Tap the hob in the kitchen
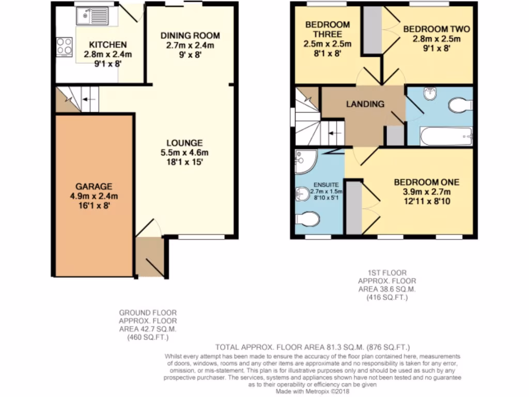[x=65, y=47]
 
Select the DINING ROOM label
[x=190, y=36]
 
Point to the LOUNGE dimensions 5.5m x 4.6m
[x=184, y=152]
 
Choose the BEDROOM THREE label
[x=327, y=29]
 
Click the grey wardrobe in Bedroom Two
[x=371, y=30]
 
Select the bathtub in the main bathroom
[x=446, y=136]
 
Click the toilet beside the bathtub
[x=460, y=105]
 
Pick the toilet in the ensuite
[x=307, y=219]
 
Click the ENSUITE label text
[x=326, y=184]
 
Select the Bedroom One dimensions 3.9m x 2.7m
[x=426, y=192]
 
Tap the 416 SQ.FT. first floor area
[x=387, y=298]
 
